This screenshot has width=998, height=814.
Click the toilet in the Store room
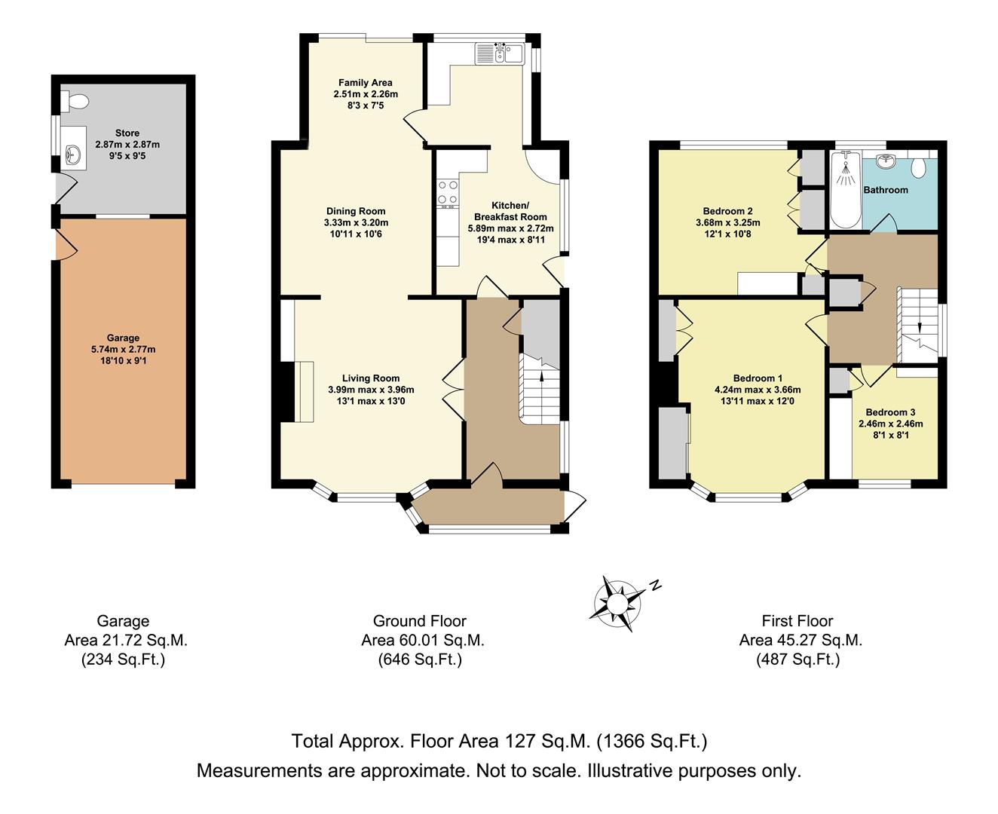(x=75, y=101)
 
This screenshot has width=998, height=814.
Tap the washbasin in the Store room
(x=74, y=153)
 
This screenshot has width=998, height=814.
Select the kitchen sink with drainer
(x=499, y=54)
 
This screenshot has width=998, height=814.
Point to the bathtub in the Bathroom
(x=846, y=189)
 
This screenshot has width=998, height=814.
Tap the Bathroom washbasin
(x=886, y=161)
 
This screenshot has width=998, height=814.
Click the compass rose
(x=617, y=604)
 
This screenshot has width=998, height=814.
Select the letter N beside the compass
(x=654, y=586)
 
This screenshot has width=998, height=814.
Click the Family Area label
(x=365, y=83)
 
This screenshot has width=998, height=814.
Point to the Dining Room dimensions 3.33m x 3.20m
(x=356, y=222)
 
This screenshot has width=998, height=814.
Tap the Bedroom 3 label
(x=890, y=412)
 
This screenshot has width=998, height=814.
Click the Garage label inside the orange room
(x=123, y=338)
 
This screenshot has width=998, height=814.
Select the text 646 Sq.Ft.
(x=420, y=659)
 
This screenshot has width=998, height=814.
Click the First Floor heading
(x=797, y=620)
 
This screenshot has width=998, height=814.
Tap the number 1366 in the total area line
(x=618, y=741)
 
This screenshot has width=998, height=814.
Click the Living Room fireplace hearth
(x=304, y=391)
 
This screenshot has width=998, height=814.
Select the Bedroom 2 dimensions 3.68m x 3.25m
(x=728, y=222)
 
